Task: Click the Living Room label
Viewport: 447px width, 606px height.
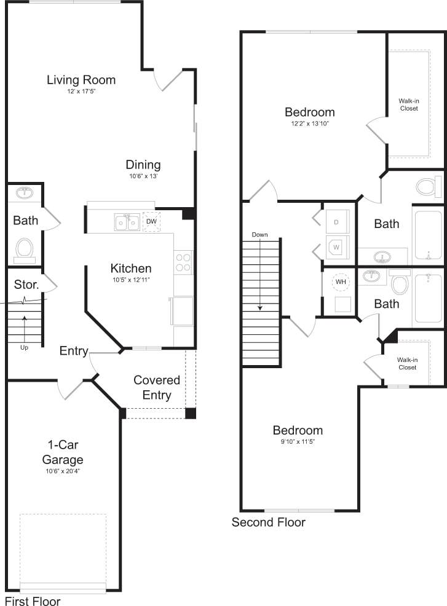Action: pyautogui.click(x=81, y=80)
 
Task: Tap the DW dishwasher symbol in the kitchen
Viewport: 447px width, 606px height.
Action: pyautogui.click(x=151, y=222)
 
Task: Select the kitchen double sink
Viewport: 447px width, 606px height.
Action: pyautogui.click(x=127, y=222)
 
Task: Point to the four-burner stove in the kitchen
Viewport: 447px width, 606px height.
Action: pyautogui.click(x=183, y=262)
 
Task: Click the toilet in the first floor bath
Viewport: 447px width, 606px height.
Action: pyautogui.click(x=25, y=249)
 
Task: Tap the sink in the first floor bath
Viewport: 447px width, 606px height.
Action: pyautogui.click(x=25, y=193)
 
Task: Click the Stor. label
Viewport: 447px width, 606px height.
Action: pyautogui.click(x=27, y=285)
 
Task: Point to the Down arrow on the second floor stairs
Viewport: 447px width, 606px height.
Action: pyautogui.click(x=260, y=270)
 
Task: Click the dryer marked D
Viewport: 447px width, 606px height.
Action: pyautogui.click(x=336, y=221)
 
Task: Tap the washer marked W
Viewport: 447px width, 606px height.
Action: pyautogui.click(x=336, y=247)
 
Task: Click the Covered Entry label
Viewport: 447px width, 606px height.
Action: pyautogui.click(x=157, y=388)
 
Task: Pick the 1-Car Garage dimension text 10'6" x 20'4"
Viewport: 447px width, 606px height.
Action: pyautogui.click(x=63, y=471)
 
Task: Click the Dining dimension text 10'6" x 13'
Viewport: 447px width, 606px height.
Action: pyautogui.click(x=143, y=176)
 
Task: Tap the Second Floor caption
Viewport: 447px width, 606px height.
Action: pyautogui.click(x=268, y=523)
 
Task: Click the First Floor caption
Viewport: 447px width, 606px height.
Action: pyautogui.click(x=33, y=600)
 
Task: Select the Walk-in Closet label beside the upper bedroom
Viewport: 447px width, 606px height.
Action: pyautogui.click(x=408, y=104)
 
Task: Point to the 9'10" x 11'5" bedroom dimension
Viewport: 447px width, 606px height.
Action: pyautogui.click(x=298, y=441)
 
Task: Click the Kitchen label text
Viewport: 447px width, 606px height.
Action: pyautogui.click(x=131, y=269)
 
